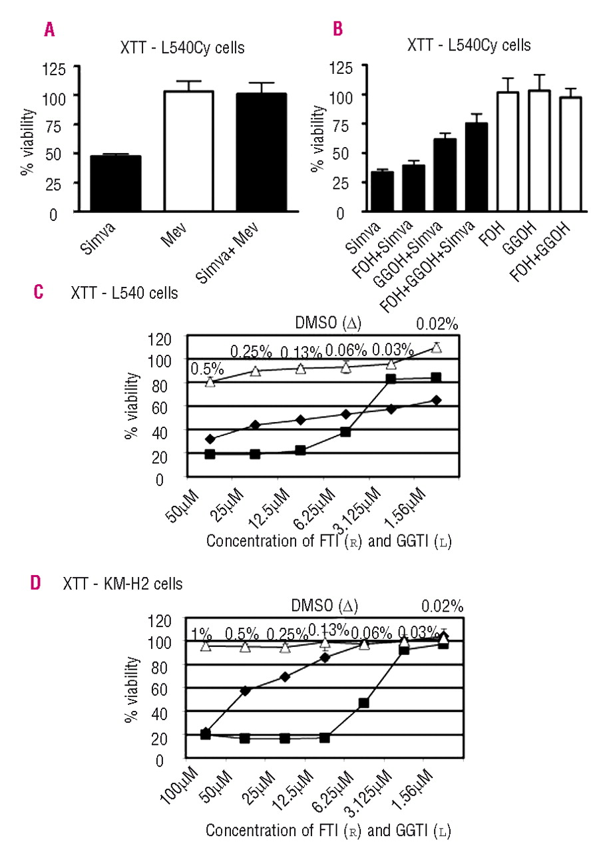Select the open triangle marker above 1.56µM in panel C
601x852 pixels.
coord(437,347)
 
